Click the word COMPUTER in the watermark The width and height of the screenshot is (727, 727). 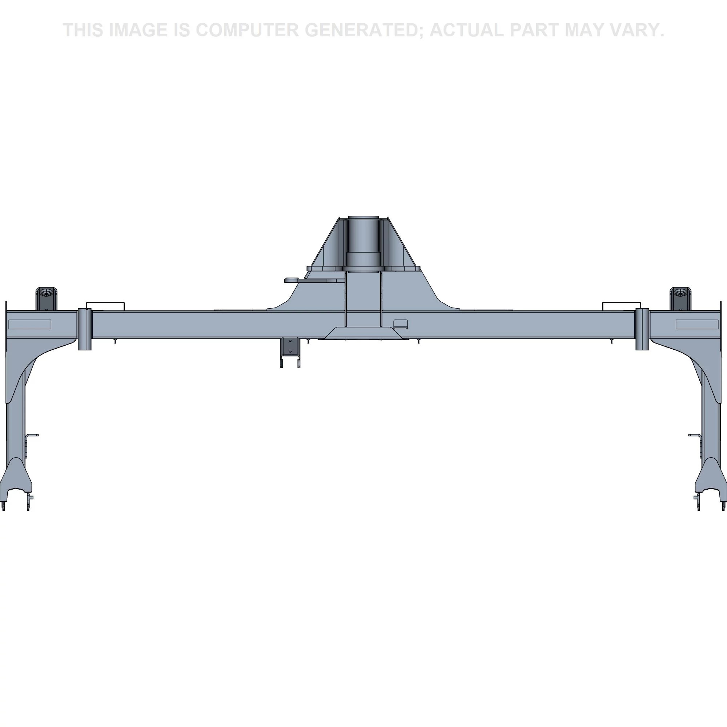pyautogui.click(x=247, y=30)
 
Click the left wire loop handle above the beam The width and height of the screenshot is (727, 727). pyautogui.click(x=105, y=306)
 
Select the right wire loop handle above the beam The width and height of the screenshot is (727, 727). pyautogui.click(x=622, y=306)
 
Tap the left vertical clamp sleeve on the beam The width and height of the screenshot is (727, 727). pyautogui.click(x=85, y=329)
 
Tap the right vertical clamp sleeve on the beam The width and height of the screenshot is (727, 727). pyautogui.click(x=642, y=329)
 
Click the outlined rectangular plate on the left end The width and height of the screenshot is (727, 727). pyautogui.click(x=30, y=324)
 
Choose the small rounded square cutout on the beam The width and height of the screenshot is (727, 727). pyautogui.click(x=400, y=324)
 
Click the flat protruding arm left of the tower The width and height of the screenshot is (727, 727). pyautogui.click(x=314, y=280)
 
